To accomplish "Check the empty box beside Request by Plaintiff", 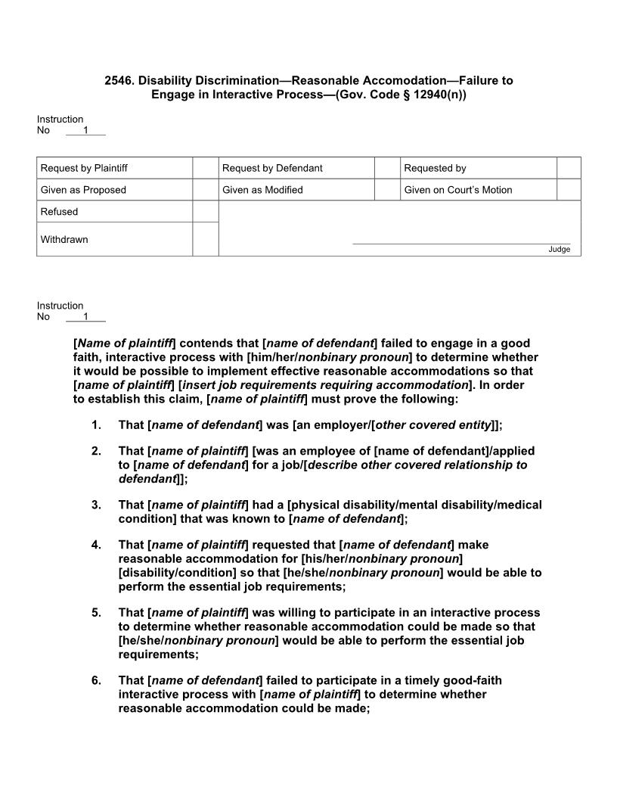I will pos(205,168).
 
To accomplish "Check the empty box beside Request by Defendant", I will pos(387,168).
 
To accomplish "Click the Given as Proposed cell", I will pos(83,190).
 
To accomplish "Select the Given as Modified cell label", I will pos(262,190).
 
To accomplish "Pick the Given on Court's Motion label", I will pos(457,190).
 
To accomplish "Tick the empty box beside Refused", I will pos(205,212).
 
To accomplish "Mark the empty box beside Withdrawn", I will pos(205,239).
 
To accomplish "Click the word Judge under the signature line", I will pos(559,250).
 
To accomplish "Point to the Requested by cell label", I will pos(435,168).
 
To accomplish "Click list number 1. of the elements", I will pos(96,425).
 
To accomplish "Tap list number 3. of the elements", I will pos(96,505).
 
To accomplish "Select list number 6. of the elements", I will pos(96,680).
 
